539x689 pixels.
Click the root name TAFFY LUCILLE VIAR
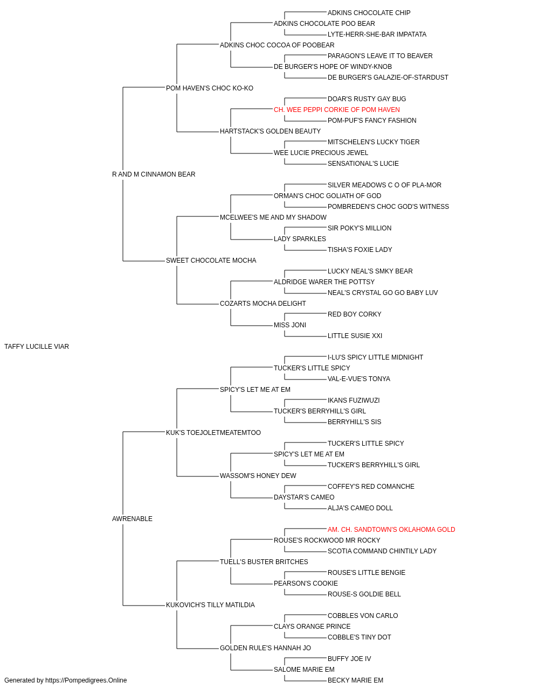coord(37,347)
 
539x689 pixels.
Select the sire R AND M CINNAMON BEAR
coord(154,174)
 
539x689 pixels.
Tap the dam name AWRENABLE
coord(132,519)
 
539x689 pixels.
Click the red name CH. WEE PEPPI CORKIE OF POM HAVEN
coord(337,110)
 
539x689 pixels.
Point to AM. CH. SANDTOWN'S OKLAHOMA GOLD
coord(391,530)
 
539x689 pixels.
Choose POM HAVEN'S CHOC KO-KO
coord(210,88)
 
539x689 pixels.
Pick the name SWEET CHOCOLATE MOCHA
coord(211,261)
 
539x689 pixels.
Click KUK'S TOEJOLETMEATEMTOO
coord(213,433)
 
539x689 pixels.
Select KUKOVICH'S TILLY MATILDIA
coord(210,605)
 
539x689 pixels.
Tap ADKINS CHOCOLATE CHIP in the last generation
coord(369,13)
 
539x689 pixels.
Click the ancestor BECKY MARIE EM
coord(356,680)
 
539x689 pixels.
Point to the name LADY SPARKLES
coord(300,239)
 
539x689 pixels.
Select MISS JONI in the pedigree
coord(290,325)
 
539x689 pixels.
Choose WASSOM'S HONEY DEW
coord(258,476)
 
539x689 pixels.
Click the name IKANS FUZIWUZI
coord(354,400)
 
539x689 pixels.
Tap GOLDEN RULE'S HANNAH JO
coord(265,648)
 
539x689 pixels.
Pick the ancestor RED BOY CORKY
coord(355,314)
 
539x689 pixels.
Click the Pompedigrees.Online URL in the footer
coord(86,680)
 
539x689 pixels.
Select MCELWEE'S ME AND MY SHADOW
coord(273,217)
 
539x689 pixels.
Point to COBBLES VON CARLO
coord(363,616)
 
